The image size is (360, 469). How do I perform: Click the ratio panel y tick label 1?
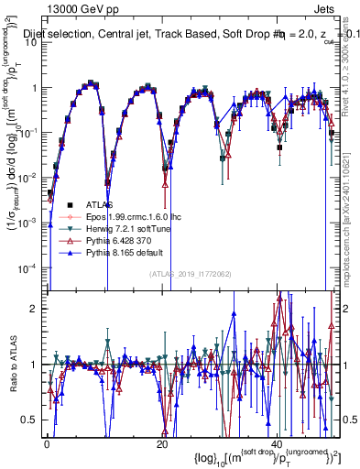(x=33, y=364)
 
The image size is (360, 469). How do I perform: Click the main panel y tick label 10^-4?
(x=26, y=267)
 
